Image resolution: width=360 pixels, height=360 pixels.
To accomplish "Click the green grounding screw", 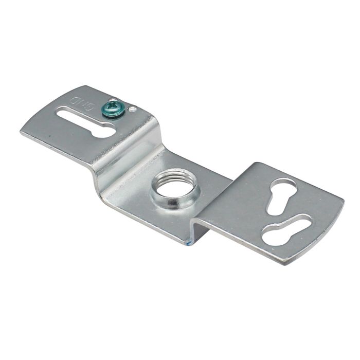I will (x=113, y=109).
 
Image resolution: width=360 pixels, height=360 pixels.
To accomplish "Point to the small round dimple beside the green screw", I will (x=133, y=109).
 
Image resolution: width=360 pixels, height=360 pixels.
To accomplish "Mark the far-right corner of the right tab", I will (x=344, y=201).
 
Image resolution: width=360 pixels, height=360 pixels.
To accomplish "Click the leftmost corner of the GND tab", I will (x=21, y=132).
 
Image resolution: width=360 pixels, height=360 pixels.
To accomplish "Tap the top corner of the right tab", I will (x=255, y=164).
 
